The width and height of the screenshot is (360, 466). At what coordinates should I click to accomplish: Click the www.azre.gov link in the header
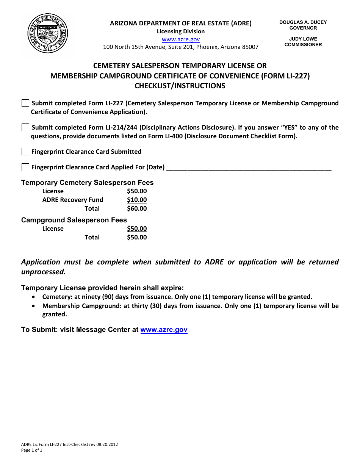(x=181, y=39)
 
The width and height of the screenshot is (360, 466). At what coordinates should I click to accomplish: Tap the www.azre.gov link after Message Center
(x=164, y=330)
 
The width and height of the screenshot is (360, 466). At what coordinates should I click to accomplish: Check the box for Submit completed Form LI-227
(x=25, y=103)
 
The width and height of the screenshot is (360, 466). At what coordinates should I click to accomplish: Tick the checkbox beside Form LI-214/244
(x=25, y=128)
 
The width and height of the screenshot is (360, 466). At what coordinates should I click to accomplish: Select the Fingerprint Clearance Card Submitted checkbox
(x=25, y=152)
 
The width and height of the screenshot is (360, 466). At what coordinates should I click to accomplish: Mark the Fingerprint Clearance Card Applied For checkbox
(x=25, y=167)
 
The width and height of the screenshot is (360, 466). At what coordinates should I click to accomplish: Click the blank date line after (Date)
(x=249, y=168)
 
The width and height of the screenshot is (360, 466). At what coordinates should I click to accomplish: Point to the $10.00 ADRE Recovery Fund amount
(x=137, y=200)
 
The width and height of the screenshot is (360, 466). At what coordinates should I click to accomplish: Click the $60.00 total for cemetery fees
(x=137, y=209)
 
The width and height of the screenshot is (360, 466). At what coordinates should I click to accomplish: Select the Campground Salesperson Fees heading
(x=74, y=220)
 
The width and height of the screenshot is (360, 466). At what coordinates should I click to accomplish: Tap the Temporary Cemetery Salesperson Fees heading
(x=87, y=183)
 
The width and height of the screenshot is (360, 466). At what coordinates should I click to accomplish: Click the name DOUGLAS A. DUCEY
(x=303, y=22)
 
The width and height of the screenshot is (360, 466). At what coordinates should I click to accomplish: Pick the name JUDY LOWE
(x=303, y=39)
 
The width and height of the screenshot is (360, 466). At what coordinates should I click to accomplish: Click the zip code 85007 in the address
(x=249, y=47)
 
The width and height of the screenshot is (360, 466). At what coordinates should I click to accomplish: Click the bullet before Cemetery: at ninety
(x=34, y=297)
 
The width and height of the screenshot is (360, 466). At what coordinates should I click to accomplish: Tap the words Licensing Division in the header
(x=181, y=31)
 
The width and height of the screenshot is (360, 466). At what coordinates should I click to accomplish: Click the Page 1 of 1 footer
(x=32, y=450)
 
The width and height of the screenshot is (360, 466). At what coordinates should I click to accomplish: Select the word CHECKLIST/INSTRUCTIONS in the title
(x=180, y=86)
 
